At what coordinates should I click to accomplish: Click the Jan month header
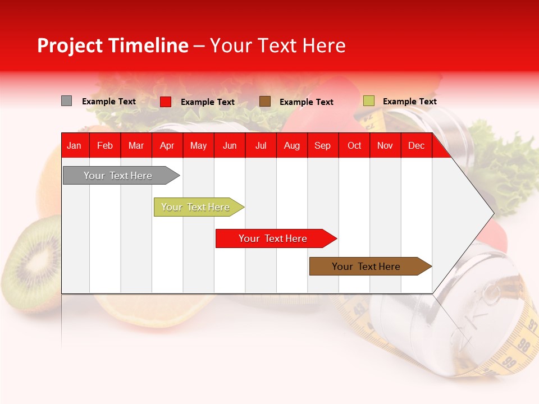74,146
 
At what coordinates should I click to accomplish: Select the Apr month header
167,146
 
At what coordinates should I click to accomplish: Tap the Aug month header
292,146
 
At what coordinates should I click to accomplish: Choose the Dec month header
416,146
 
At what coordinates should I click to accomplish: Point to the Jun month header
230,146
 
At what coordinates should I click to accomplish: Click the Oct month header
354,146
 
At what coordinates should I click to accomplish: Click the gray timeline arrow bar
118,176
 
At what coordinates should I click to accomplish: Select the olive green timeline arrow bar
196,207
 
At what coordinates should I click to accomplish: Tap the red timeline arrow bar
273,238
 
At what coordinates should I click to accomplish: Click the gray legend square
66,101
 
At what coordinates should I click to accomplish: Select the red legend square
166,102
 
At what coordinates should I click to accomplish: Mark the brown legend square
265,102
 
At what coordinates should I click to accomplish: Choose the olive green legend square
368,101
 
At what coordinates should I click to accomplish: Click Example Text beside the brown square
306,102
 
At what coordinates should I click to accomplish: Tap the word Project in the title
70,46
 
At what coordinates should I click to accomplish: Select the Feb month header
105,146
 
